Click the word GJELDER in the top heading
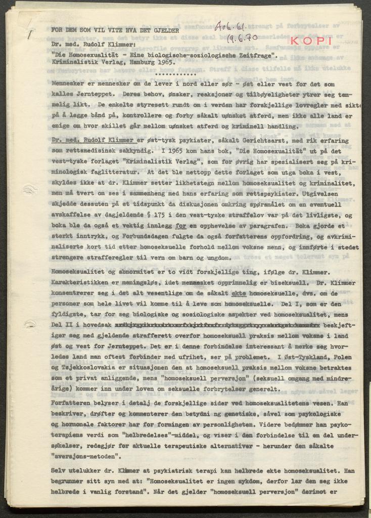pyautogui.click(x=165, y=30)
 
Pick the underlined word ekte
pyautogui.click(x=240, y=293)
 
